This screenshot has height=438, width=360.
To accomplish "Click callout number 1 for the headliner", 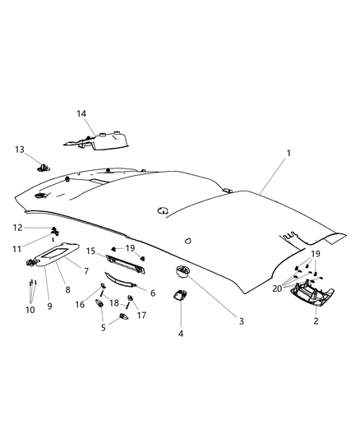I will pyautogui.click(x=288, y=154).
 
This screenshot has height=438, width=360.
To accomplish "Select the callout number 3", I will pyautogui.click(x=241, y=320).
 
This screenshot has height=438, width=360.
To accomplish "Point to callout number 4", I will pyautogui.click(x=182, y=334).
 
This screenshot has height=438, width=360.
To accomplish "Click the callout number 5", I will pyautogui.click(x=102, y=327).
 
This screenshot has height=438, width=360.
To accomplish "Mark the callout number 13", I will pyautogui.click(x=19, y=149).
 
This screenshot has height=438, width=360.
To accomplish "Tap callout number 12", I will pyautogui.click(x=17, y=227).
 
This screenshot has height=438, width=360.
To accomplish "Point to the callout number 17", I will pyautogui.click(x=141, y=315).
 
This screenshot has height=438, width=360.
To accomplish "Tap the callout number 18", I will pyautogui.click(x=113, y=302).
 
